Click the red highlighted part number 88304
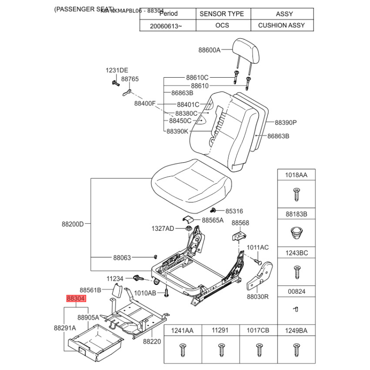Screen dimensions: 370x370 click(x=76, y=299)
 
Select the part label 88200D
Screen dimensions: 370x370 click(x=73, y=224)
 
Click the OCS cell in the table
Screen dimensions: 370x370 click(x=222, y=25)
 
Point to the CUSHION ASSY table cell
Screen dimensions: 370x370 click(x=281, y=25)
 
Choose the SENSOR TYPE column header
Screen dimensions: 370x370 click(x=222, y=14)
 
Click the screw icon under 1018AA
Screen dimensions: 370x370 click(x=296, y=194)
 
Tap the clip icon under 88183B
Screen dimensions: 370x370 click(x=296, y=232)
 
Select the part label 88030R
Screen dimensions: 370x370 click(x=258, y=297)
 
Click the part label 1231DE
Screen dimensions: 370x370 click(x=117, y=70)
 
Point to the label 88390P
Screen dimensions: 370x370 click(x=285, y=123)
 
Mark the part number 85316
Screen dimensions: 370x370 click(x=234, y=211)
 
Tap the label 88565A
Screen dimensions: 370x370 click(x=213, y=220)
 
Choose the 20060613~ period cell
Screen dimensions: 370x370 click(x=166, y=25)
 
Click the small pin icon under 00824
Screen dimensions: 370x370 click(x=296, y=308)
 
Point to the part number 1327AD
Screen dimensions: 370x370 click(x=163, y=228)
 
